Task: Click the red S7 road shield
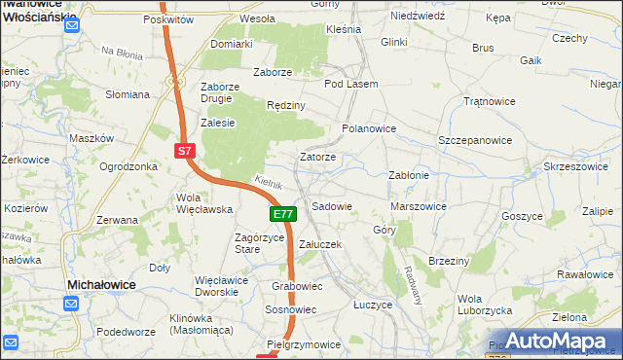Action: (186, 150)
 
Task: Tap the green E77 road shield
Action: (281, 213)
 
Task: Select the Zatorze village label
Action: (317, 157)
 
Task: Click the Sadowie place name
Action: (331, 206)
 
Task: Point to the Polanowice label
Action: (369, 127)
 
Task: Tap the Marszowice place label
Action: (418, 206)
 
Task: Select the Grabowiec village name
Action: (297, 286)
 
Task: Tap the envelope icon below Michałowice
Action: (72, 304)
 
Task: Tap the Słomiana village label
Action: (128, 94)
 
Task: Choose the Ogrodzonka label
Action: (128, 166)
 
